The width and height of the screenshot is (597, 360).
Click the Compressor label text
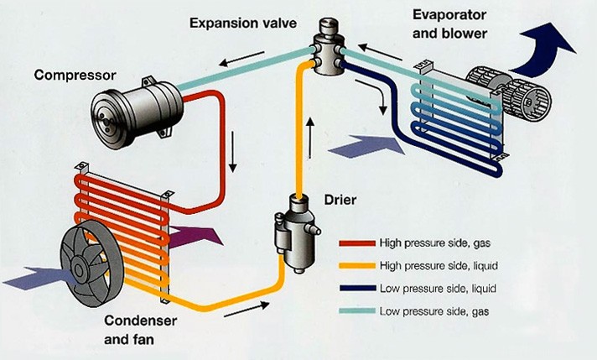[68, 76]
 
